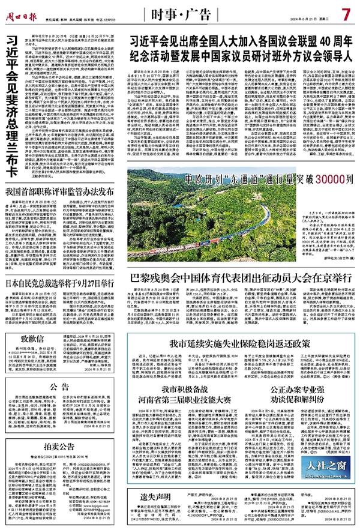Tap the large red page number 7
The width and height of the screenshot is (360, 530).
(346, 12)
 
